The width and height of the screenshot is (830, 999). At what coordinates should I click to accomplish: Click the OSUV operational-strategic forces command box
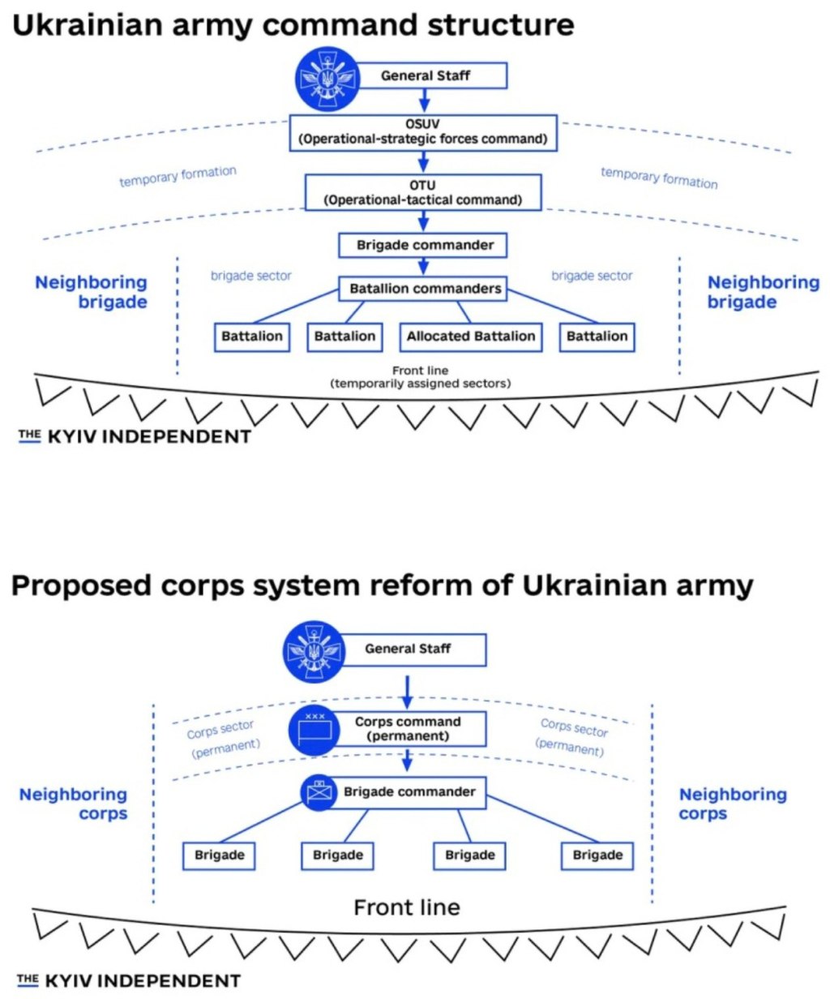pos(423,132)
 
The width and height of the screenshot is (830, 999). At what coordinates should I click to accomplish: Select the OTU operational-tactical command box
pos(423,192)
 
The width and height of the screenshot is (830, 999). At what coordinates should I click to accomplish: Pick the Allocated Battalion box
pos(471,337)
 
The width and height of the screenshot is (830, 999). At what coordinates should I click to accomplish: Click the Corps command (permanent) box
pos(408,728)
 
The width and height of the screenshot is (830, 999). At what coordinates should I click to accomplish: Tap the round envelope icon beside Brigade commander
pos(319,792)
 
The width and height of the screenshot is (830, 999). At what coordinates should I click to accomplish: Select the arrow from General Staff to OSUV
pos(423,101)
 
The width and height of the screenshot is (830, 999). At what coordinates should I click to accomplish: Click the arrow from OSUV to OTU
pos(423,161)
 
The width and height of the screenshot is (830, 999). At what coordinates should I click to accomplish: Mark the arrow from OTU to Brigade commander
pos(423,221)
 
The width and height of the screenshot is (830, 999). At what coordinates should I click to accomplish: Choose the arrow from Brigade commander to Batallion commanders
pos(423,266)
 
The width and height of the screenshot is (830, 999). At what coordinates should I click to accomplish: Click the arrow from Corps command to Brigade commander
pos(408,760)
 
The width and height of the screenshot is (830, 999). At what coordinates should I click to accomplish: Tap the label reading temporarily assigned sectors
pos(421,383)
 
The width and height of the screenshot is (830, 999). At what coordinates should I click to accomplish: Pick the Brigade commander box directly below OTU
pos(425,245)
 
